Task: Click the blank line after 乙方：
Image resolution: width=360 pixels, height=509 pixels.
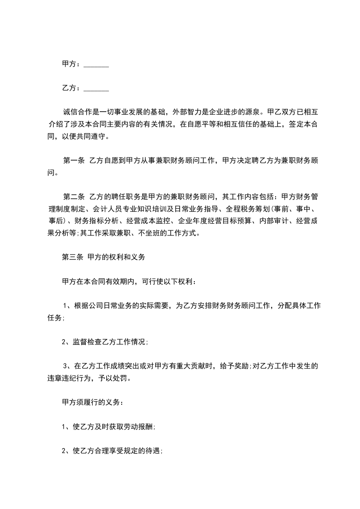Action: (x=96, y=88)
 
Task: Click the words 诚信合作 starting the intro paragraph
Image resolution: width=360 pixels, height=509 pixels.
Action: (x=78, y=111)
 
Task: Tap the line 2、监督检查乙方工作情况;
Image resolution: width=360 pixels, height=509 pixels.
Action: (x=105, y=342)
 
